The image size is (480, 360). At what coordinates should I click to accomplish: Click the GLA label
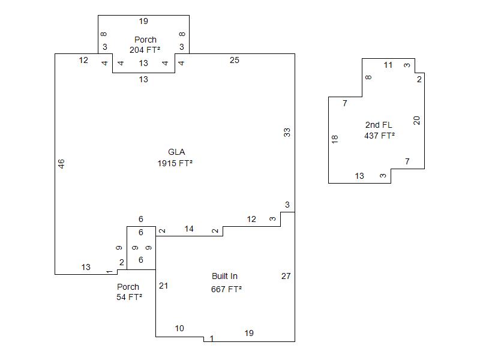(177, 152)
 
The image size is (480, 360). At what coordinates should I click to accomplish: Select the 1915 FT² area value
(175, 163)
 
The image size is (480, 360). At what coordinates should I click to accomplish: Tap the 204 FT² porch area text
(145, 50)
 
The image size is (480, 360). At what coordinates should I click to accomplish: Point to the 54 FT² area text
(129, 297)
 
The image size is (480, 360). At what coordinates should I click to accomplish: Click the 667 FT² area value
(226, 289)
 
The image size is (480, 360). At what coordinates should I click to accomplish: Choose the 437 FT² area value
(379, 136)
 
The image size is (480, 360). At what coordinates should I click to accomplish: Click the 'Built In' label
(224, 277)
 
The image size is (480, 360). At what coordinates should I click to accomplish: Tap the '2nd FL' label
(379, 125)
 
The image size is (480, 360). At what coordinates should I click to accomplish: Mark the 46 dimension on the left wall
(62, 164)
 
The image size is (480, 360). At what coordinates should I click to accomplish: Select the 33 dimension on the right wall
(287, 133)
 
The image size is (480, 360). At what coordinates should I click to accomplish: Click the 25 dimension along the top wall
(235, 60)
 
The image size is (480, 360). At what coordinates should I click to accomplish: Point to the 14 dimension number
(189, 229)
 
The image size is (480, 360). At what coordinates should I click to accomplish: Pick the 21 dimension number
(163, 286)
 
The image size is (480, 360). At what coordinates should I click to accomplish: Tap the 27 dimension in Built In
(286, 276)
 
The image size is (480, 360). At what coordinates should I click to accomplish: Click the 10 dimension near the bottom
(179, 328)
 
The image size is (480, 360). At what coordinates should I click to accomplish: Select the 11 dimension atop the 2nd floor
(388, 65)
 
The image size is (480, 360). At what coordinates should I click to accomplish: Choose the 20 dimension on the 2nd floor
(417, 120)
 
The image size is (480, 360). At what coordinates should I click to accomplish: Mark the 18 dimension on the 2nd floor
(335, 139)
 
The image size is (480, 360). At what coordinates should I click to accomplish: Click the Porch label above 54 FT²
(128, 287)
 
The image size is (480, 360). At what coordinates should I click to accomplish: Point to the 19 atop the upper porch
(143, 22)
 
